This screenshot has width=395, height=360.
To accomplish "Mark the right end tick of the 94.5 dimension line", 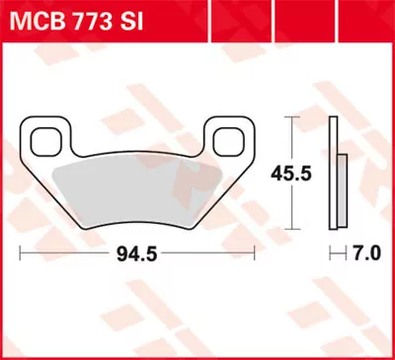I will click(x=260, y=253).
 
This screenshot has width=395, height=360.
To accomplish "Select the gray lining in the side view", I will click(x=343, y=192).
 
